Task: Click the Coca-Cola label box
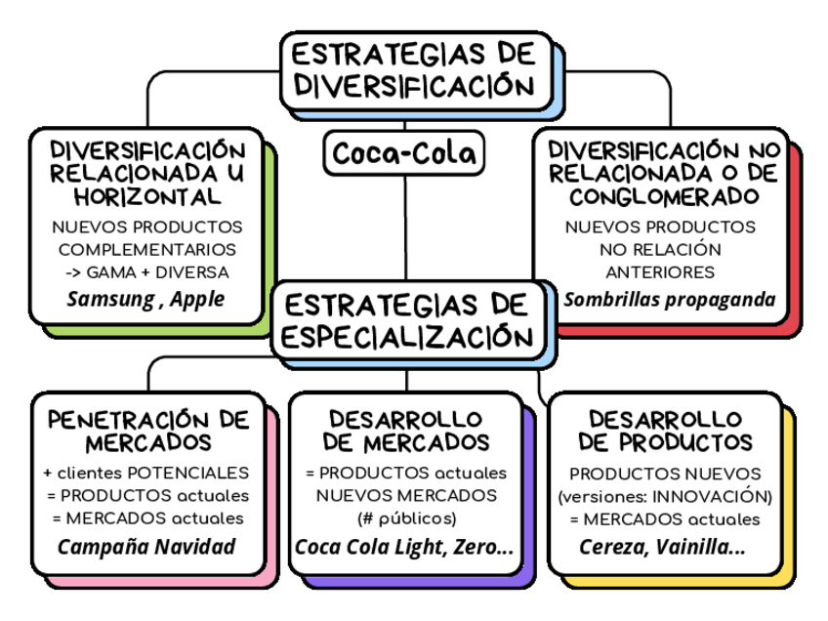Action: pos(404,153)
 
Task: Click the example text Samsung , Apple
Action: pos(145,299)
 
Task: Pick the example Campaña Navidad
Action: pos(146,546)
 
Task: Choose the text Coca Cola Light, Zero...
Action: pos(404,547)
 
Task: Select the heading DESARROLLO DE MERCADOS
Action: pos(405,431)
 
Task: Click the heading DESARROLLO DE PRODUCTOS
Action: pos(665,431)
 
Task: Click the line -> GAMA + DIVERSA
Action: pos(147,271)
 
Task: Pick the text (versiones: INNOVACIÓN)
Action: pos(664,496)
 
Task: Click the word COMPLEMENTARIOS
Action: pos(147,249)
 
